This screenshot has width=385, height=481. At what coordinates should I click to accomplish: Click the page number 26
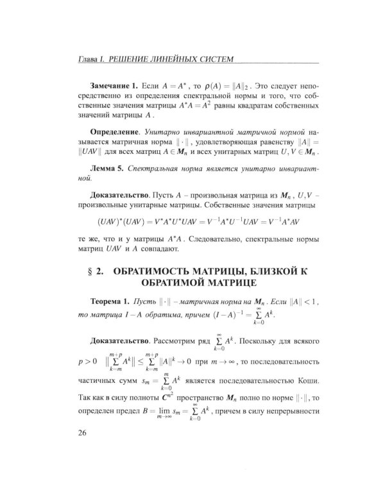(81, 433)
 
